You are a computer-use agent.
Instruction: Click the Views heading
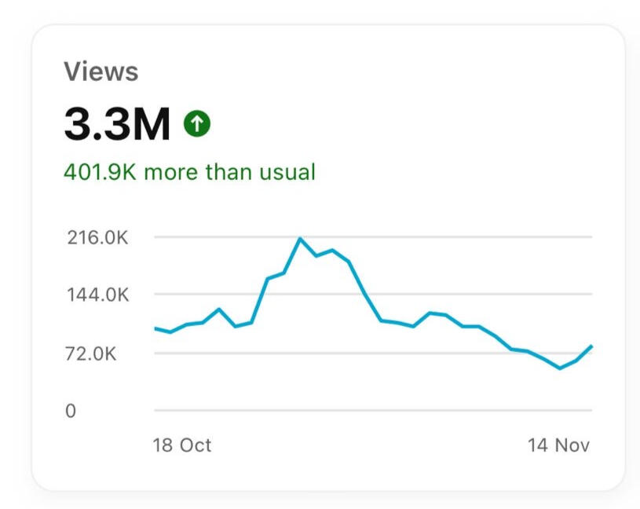101,72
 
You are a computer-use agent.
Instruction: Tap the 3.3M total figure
117,124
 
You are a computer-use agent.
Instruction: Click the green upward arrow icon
197,123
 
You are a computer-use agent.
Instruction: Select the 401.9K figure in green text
100,172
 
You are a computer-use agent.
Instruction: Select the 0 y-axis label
71,411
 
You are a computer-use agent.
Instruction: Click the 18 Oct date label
181,445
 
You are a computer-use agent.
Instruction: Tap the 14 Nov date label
558,445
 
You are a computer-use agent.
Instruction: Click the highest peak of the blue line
300,239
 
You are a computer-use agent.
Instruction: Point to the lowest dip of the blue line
560,368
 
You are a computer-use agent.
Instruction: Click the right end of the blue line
591,346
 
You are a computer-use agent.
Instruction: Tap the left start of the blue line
155,328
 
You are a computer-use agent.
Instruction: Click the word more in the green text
171,172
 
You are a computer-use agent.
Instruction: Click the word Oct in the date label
195,445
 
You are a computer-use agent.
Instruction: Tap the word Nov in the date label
572,445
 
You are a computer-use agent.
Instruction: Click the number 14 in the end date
538,445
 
